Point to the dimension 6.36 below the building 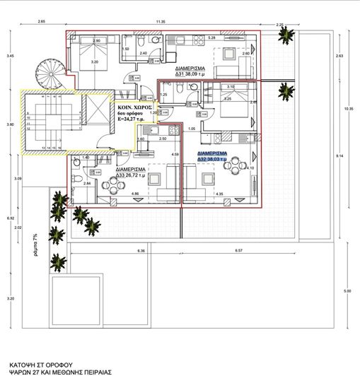click(x=141, y=251)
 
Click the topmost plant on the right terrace click(x=285, y=90)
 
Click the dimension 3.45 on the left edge click(x=9, y=57)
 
